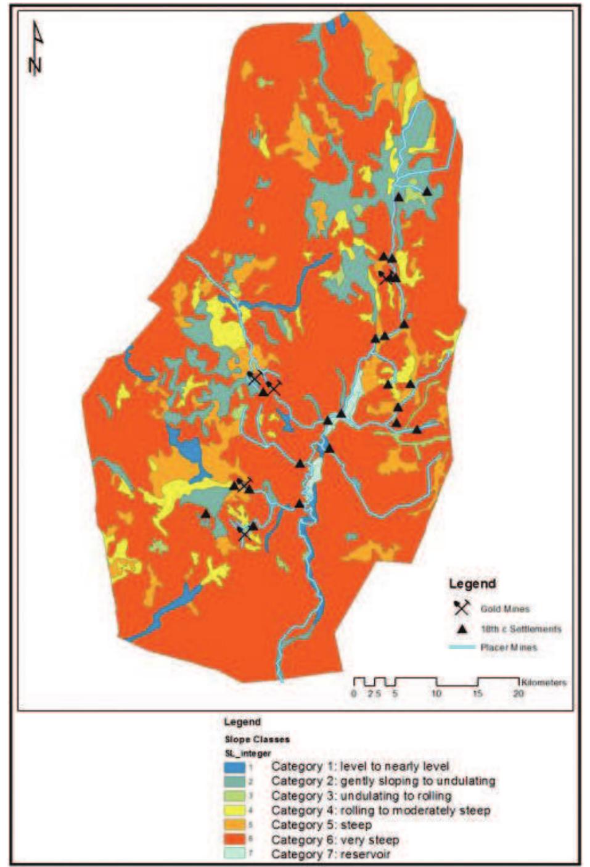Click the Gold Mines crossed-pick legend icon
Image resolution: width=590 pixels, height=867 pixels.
coord(462,607)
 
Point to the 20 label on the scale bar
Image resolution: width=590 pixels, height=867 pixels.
coord(519,693)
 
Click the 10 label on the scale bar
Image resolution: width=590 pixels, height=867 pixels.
coord(436,693)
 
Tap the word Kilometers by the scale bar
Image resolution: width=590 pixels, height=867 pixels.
coord(544,682)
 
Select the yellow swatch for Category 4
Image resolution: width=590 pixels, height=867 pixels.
coord(234,811)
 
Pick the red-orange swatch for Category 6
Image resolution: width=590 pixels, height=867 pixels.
coord(234,840)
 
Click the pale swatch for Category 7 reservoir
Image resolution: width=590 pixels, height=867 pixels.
coord(234,854)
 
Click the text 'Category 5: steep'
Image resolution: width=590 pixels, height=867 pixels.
coord(321,825)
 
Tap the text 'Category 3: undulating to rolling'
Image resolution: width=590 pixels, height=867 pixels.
coord(361,795)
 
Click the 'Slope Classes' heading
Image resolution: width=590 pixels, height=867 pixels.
coord(256,739)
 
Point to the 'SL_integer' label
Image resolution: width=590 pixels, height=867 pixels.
coord(247,753)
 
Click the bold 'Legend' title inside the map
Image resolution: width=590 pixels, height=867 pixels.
coord(472,583)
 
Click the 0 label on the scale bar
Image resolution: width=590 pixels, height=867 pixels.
coord(354,693)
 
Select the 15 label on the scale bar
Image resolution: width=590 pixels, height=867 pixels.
coord(478,693)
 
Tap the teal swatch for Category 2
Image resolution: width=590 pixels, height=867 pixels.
coord(234,782)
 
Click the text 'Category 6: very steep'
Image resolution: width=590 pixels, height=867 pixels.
coord(335,840)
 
